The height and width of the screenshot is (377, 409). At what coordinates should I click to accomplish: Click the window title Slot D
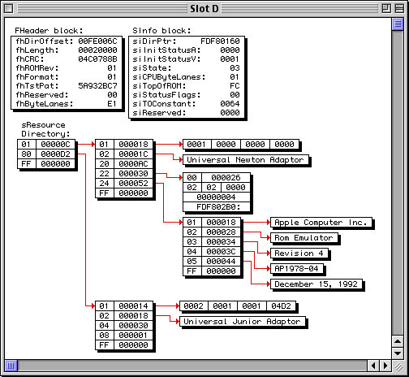pyautogui.click(x=204, y=9)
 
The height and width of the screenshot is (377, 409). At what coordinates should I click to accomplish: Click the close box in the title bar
pyautogui.click(x=9, y=9)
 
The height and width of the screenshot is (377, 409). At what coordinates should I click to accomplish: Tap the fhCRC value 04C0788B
pyautogui.click(x=97, y=59)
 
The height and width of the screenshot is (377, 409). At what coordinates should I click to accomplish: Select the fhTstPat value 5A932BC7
pyautogui.click(x=97, y=86)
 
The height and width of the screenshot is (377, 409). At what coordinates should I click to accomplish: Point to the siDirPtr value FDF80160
pyautogui.click(x=220, y=41)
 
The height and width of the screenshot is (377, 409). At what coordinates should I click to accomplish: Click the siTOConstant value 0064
pyautogui.click(x=230, y=104)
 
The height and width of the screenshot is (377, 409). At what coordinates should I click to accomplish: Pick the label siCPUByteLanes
pyautogui.click(x=169, y=77)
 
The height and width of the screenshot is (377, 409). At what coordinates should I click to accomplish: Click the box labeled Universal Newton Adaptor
pyautogui.click(x=246, y=160)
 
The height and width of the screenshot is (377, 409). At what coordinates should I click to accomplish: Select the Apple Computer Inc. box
pyautogui.click(x=321, y=223)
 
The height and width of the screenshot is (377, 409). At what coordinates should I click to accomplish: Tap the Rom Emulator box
pyautogui.click(x=304, y=238)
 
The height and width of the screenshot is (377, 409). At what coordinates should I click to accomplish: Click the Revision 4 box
pyautogui.click(x=299, y=253)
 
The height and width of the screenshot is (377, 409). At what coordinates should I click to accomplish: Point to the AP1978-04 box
pyautogui.click(x=297, y=269)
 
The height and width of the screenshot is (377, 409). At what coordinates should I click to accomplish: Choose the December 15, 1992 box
pyautogui.click(x=316, y=284)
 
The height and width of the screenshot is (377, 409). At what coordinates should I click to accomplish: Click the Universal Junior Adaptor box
pyautogui.click(x=243, y=322)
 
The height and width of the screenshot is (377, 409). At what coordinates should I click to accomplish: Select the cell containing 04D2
pyautogui.click(x=281, y=306)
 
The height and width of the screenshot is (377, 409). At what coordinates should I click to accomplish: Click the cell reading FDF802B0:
pyautogui.click(x=217, y=207)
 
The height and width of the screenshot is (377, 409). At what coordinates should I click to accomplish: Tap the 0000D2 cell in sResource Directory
pyautogui.click(x=55, y=154)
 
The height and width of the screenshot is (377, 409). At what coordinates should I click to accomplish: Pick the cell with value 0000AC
pyautogui.click(x=133, y=164)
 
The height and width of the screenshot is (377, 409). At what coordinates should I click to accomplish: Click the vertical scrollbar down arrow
pyautogui.click(x=398, y=353)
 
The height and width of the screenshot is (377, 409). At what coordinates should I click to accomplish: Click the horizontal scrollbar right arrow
pyautogui.click(x=385, y=366)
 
